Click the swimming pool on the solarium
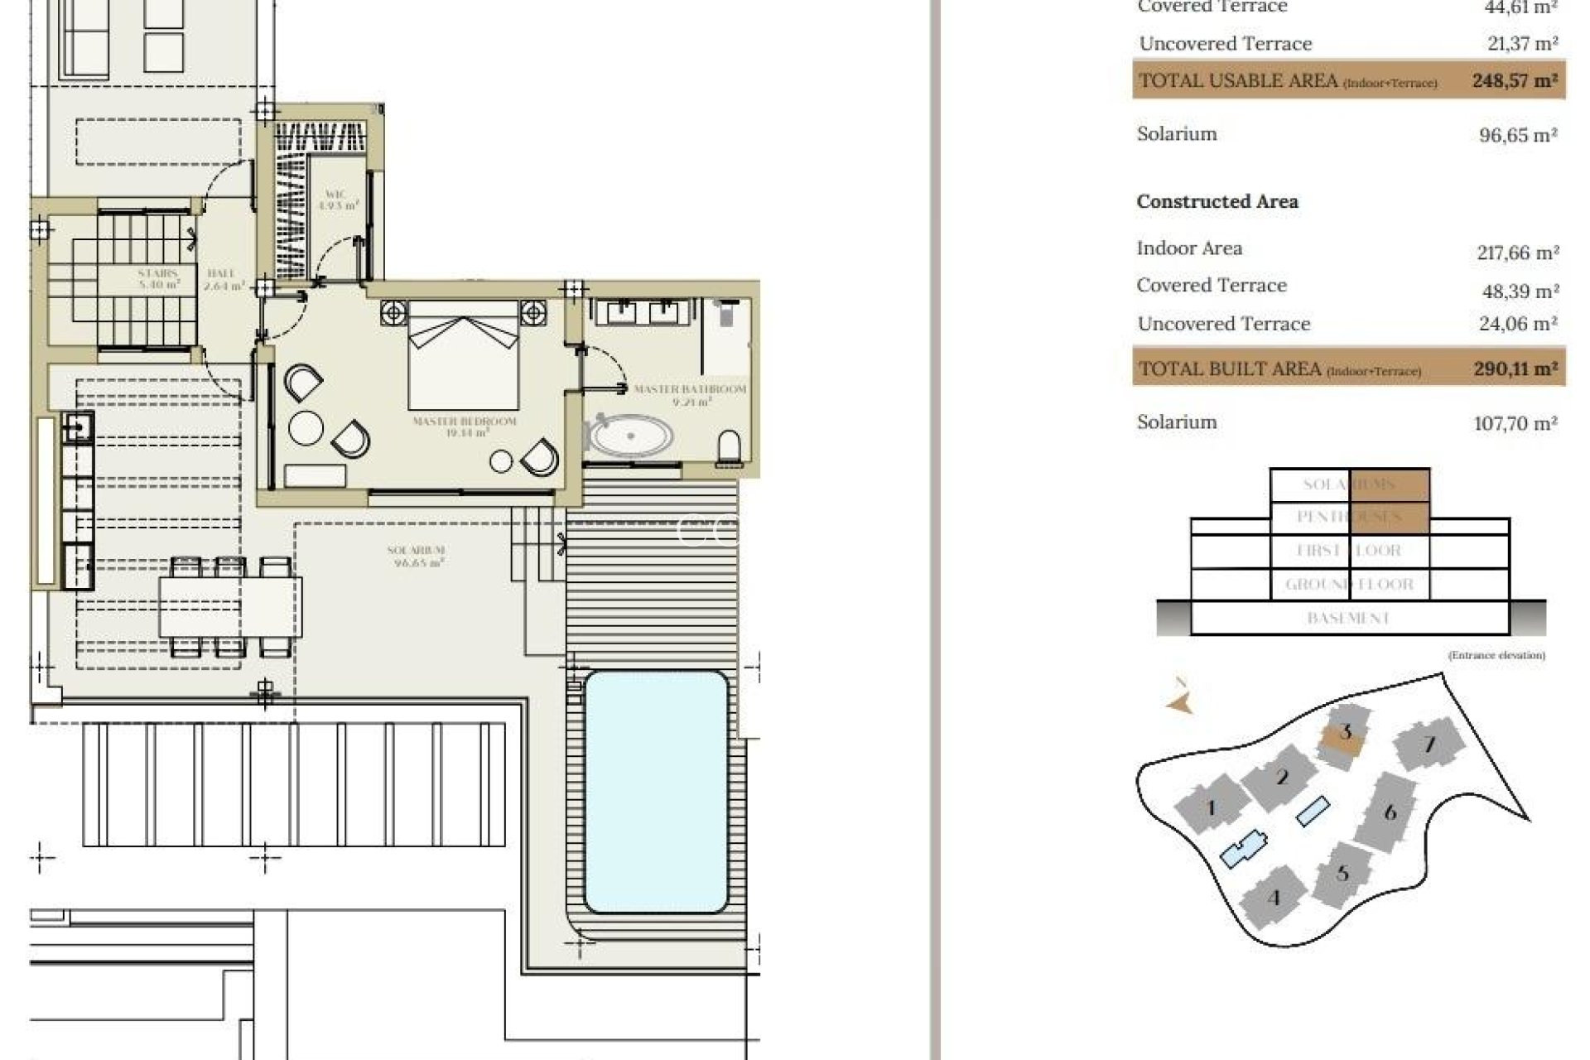[656, 792]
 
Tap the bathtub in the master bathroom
[629, 436]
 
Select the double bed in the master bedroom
[464, 356]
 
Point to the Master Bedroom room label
[465, 426]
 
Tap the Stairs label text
[157, 278]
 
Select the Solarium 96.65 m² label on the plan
[417, 556]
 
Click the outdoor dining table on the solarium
[230, 606]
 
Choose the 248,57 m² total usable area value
[1515, 81]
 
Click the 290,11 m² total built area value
[1515, 369]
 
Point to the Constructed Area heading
[1217, 201]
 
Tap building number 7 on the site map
[1429, 744]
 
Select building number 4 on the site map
[1274, 898]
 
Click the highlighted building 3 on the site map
[1344, 733]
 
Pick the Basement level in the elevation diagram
[1348, 618]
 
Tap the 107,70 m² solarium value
[1515, 423]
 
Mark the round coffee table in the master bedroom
[306, 428]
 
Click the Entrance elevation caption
[1496, 655]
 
